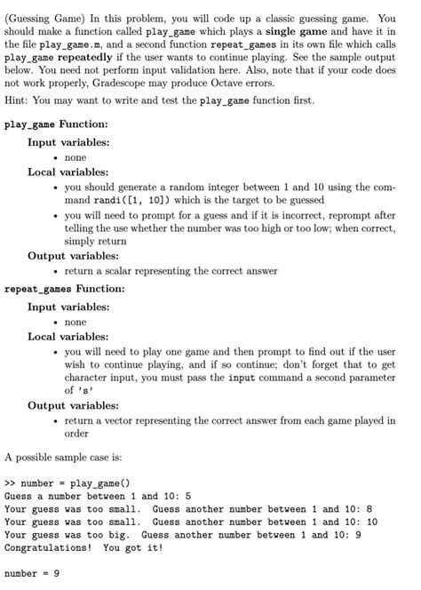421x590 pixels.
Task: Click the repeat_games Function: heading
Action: click(x=65, y=288)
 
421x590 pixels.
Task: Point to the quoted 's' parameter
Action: click(x=86, y=390)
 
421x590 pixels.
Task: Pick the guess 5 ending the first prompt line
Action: click(x=188, y=496)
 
